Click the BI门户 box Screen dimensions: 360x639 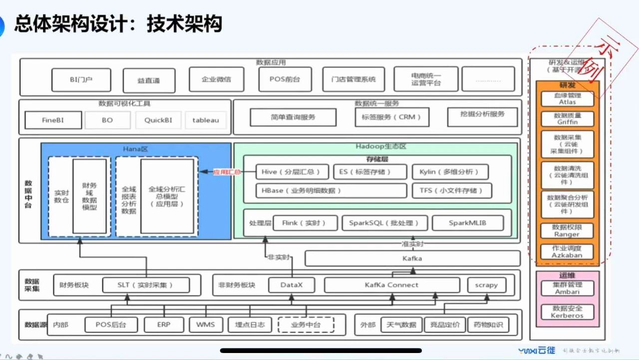(82, 79)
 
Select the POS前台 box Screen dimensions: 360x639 (285, 79)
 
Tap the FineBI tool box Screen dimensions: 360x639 (52, 120)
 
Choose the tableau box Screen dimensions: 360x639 (206, 120)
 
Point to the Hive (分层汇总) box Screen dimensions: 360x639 (291, 172)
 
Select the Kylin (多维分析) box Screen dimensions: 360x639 (450, 172)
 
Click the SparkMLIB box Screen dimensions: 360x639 (467, 223)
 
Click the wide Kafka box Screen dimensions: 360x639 (412, 259)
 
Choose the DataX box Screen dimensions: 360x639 (292, 285)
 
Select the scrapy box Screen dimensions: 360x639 (486, 285)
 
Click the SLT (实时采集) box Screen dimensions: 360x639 (146, 285)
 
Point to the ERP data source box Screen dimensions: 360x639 (164, 325)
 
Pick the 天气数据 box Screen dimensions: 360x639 (401, 325)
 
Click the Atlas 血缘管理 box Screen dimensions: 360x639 (567, 98)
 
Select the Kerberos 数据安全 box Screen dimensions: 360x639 (567, 312)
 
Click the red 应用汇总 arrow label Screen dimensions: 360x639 (227, 172)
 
